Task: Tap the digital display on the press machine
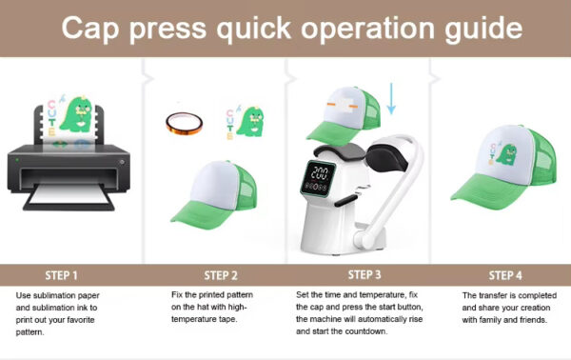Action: pyautogui.click(x=323, y=176)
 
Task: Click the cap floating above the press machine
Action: pyautogui.click(x=344, y=103)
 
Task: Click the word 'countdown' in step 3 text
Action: pyautogui.click(x=359, y=332)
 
